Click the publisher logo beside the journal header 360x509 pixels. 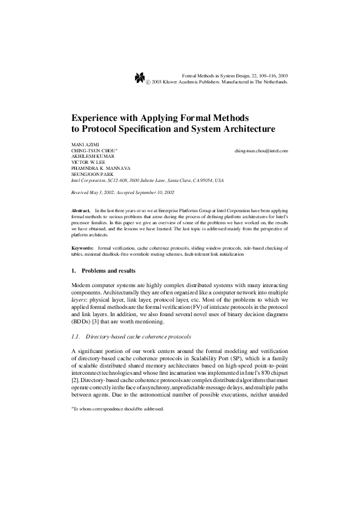139,77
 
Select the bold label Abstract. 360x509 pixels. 80,209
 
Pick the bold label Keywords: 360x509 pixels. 82,248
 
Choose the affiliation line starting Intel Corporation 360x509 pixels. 147,180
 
